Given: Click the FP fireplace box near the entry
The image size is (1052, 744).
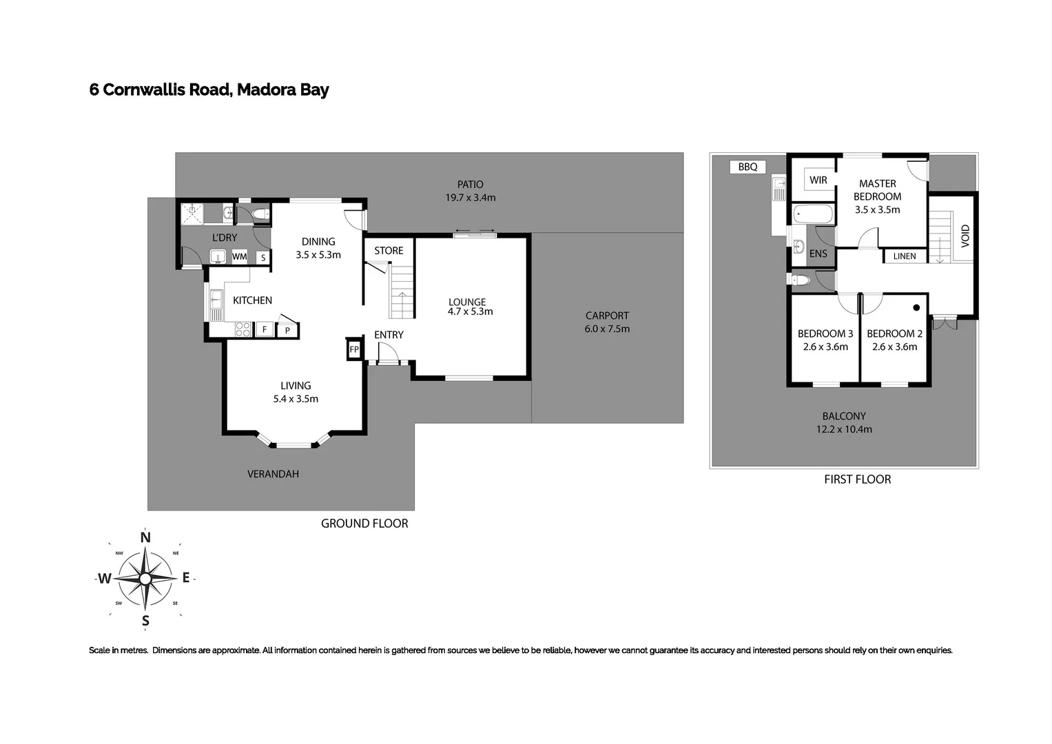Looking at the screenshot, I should click(354, 349).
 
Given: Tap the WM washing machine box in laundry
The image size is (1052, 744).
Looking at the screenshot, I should click(239, 257).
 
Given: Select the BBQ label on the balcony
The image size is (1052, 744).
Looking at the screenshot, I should click(747, 167).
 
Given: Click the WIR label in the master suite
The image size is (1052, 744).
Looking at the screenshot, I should click(818, 180).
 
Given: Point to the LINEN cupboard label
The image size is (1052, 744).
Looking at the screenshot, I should click(905, 256).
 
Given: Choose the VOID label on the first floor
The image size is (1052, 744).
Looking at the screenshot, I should click(965, 236).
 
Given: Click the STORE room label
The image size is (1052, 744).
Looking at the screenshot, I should click(389, 251).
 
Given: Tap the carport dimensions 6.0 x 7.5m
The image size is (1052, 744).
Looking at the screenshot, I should click(607, 329).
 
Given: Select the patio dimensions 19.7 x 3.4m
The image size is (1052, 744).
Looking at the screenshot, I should click(471, 198).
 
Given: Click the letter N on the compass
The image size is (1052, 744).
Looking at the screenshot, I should click(145, 537).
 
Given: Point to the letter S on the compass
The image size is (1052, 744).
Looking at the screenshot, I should click(145, 621).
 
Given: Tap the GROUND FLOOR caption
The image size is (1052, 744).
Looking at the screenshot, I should click(364, 524).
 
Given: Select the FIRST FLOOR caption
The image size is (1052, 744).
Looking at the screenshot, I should click(857, 479).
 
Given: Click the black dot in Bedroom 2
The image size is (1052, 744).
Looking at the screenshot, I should click(916, 307).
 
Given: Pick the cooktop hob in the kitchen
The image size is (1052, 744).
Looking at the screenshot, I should click(243, 329).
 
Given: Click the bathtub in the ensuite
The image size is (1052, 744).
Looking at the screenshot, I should click(813, 214).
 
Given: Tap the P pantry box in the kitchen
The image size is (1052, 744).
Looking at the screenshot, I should click(287, 331).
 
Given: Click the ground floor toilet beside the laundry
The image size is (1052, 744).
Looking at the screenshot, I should click(260, 214).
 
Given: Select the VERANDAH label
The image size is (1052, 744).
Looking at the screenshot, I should click(273, 474).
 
